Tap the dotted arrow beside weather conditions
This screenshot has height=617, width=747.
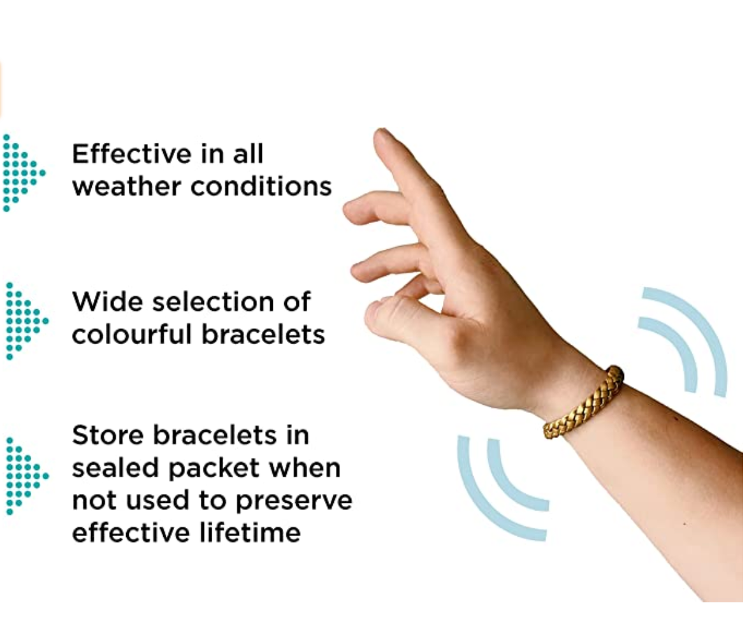[23, 173]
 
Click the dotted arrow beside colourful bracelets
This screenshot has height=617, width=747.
[25, 321]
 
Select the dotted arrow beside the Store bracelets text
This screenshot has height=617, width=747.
[25, 475]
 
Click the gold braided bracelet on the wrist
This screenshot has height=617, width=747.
[583, 402]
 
